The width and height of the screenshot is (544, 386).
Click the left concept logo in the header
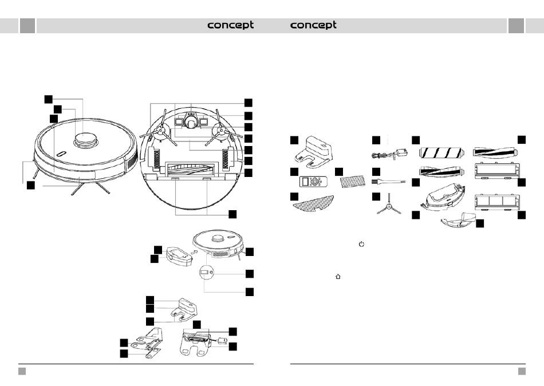pos(230,25)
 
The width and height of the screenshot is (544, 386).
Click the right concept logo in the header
pos(313,25)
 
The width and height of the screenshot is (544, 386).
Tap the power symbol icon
pos(361,244)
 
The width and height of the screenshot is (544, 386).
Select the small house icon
pos(338,277)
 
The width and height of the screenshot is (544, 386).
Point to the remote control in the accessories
pos(313,181)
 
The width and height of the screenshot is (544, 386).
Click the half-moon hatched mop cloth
pos(314,203)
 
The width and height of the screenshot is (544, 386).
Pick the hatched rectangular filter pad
pos(353,181)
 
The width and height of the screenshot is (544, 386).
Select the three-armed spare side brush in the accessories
pos(389,204)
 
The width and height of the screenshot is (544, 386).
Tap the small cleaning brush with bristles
pos(388,181)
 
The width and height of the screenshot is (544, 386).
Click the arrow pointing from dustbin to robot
pos(195,251)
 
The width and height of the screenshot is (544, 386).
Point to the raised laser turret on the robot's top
pos(85,140)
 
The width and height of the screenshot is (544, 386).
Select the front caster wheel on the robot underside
pos(191,122)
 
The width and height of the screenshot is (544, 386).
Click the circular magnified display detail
pos(206,273)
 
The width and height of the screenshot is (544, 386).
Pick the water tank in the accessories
pos(441,197)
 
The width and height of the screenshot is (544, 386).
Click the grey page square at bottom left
pos(22,372)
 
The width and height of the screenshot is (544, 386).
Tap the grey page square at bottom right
pos(522,372)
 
